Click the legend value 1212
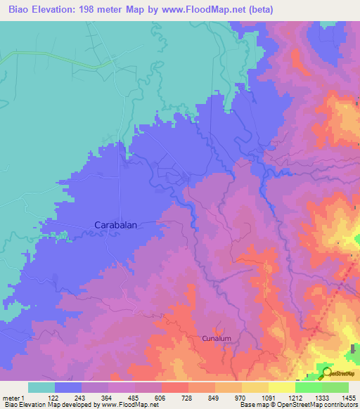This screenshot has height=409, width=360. [x=295, y=398]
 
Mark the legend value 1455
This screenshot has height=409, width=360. [x=348, y=398]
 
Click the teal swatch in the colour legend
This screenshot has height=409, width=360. [x=41, y=387]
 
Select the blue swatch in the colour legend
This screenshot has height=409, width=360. [x=68, y=387]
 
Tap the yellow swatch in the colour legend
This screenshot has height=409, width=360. [x=255, y=387]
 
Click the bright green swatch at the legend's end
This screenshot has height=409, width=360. [x=335, y=387]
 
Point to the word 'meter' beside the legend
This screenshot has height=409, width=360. [x=11, y=398]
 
